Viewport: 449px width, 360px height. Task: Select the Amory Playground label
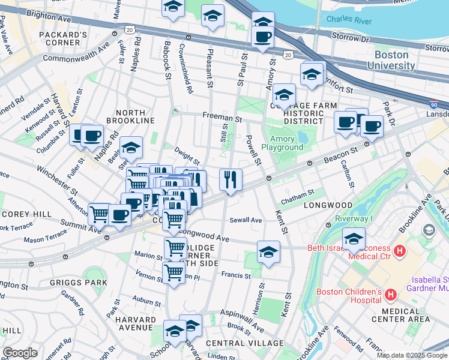tap(282, 143)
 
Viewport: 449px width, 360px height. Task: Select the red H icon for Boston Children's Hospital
tap(391, 295)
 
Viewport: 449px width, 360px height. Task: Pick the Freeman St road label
tap(221, 118)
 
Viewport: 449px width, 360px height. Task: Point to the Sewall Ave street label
tap(246, 220)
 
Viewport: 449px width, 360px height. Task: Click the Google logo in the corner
tap(20, 353)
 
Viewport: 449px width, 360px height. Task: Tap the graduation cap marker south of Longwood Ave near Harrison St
tap(268, 251)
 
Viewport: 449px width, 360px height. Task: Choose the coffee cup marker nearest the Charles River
tap(262, 38)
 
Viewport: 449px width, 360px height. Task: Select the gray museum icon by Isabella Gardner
tap(428, 230)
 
